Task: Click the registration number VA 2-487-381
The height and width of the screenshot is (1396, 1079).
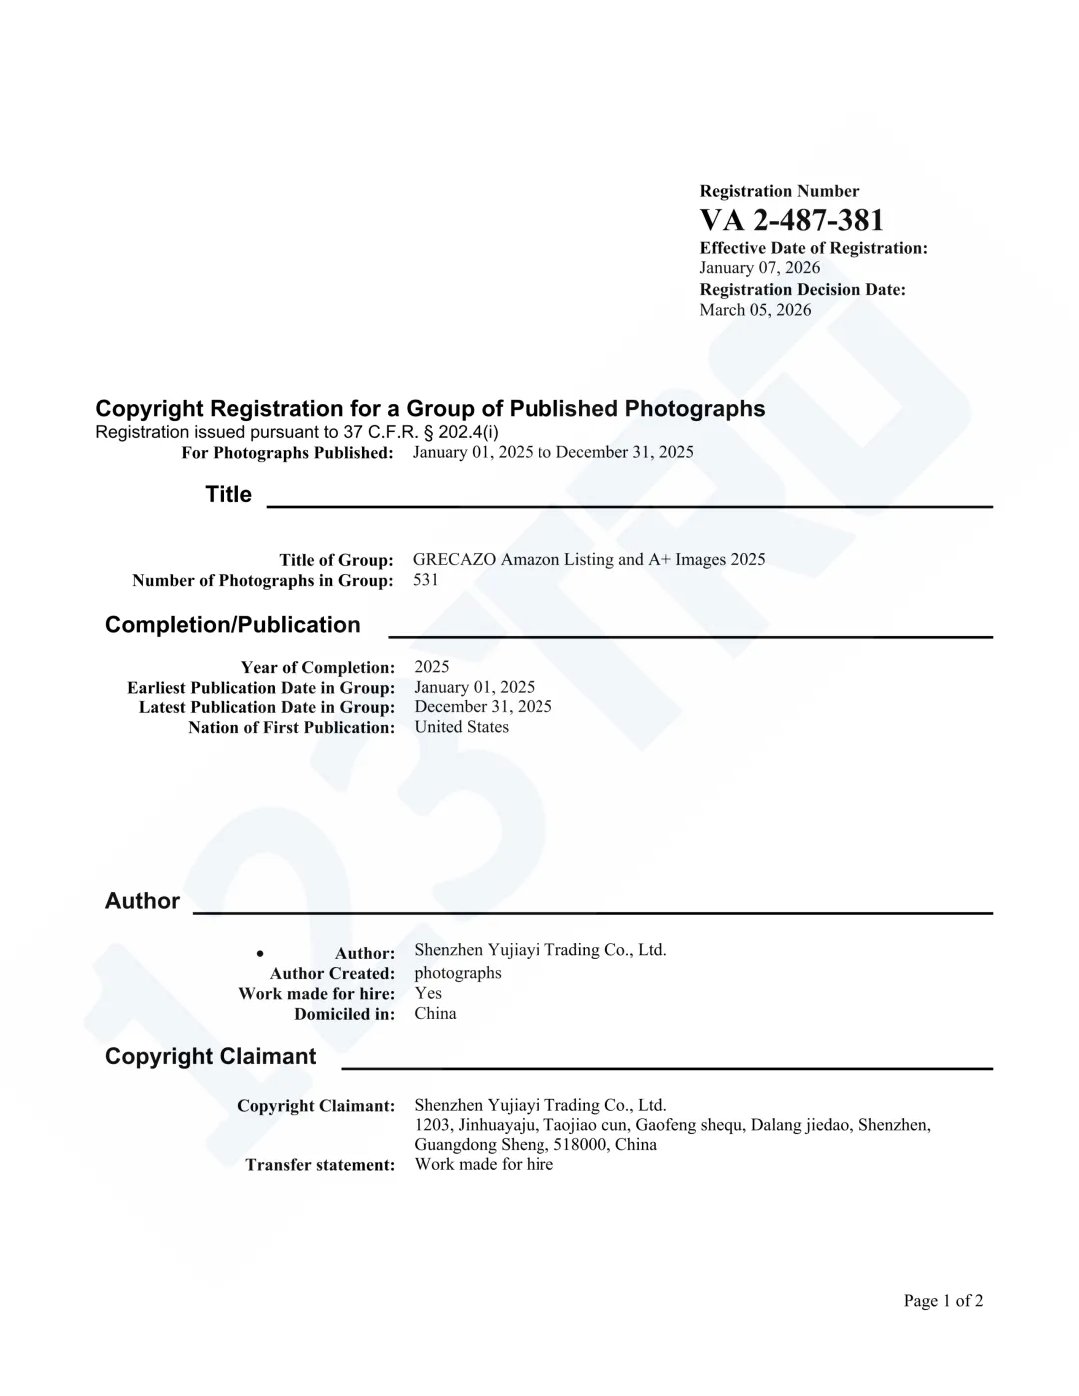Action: click(x=791, y=220)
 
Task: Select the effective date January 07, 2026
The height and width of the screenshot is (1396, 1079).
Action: click(x=759, y=268)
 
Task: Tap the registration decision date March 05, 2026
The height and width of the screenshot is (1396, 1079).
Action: click(x=755, y=310)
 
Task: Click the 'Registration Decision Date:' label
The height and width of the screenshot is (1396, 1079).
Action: click(x=802, y=290)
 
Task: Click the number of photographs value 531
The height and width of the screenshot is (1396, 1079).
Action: click(x=426, y=580)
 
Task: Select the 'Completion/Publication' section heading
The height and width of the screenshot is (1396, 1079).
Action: click(x=232, y=625)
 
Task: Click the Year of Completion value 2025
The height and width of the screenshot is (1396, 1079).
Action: click(x=432, y=667)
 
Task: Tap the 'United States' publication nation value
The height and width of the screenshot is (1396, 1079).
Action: click(x=461, y=727)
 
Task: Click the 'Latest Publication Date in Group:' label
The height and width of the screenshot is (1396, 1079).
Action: click(x=267, y=707)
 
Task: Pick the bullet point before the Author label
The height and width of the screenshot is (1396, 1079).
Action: click(x=260, y=954)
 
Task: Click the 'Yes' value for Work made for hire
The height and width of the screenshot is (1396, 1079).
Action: click(x=428, y=993)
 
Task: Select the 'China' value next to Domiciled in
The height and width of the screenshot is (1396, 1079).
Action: click(x=435, y=1014)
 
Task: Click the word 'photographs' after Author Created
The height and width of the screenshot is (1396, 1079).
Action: click(x=458, y=973)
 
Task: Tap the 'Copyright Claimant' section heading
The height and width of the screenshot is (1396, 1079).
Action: click(x=210, y=1057)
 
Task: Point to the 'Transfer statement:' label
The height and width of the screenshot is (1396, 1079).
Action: click(x=320, y=1165)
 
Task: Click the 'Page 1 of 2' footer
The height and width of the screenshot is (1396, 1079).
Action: click(x=943, y=1301)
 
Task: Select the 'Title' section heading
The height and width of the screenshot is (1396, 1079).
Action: click(x=228, y=495)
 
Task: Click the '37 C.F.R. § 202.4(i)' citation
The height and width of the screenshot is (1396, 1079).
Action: click(x=420, y=432)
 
